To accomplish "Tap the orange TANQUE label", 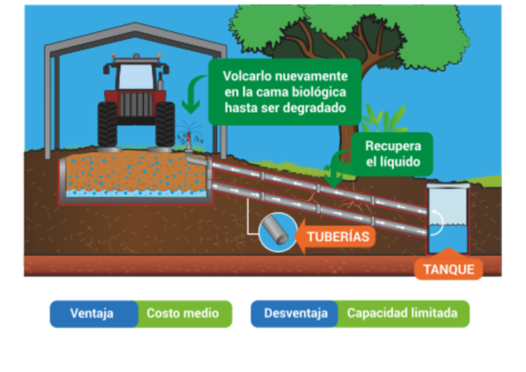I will point(449,269).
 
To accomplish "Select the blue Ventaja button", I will point(92,314).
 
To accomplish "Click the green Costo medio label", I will point(183,314).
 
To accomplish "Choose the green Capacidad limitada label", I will point(401,314).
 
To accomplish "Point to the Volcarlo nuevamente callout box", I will point(285,92).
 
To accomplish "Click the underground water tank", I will point(448,220).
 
